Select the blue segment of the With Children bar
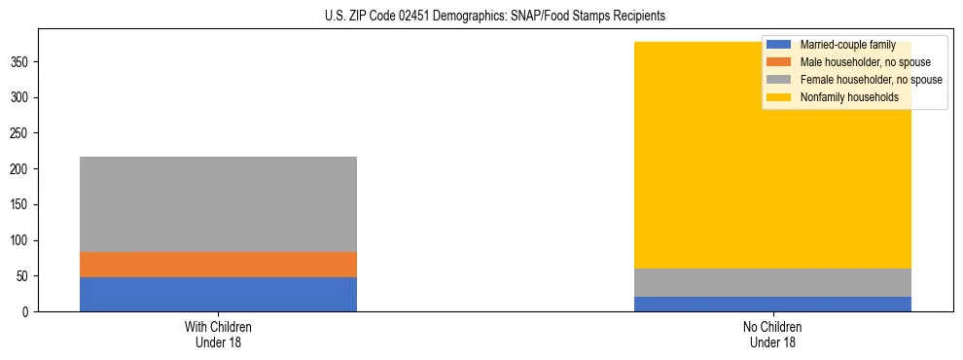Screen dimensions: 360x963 (218, 294)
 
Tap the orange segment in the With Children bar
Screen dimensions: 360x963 (218, 265)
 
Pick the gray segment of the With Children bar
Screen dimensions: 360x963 (218, 204)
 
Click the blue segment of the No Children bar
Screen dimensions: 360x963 (772, 304)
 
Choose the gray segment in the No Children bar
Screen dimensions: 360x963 (772, 282)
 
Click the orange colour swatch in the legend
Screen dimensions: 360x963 (779, 62)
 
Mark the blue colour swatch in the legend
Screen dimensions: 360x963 (779, 45)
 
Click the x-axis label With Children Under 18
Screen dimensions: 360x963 (218, 334)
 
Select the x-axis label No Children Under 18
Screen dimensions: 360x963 (772, 334)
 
